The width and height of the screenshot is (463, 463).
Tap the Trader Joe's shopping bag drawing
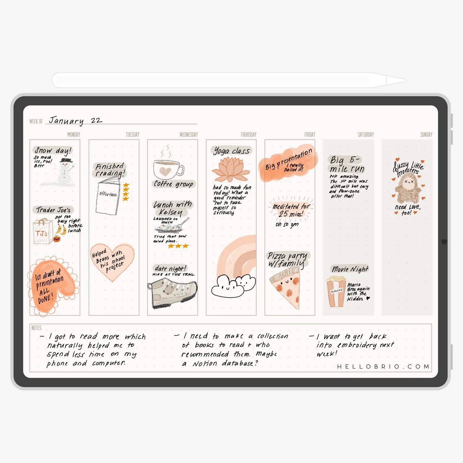coord(42,232)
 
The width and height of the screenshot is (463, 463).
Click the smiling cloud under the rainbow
coord(233,286)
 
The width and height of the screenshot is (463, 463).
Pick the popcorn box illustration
coord(336,292)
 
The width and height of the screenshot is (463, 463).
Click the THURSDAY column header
coord(248,135)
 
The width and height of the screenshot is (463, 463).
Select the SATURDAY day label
coord(365,135)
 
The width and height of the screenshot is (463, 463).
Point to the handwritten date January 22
coord(75,120)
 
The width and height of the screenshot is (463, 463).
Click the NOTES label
coord(36,328)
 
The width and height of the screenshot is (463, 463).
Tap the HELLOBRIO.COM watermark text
coord(383,366)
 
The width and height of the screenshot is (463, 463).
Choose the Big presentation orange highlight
coord(288,163)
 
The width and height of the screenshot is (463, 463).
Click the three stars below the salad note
coord(178,246)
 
